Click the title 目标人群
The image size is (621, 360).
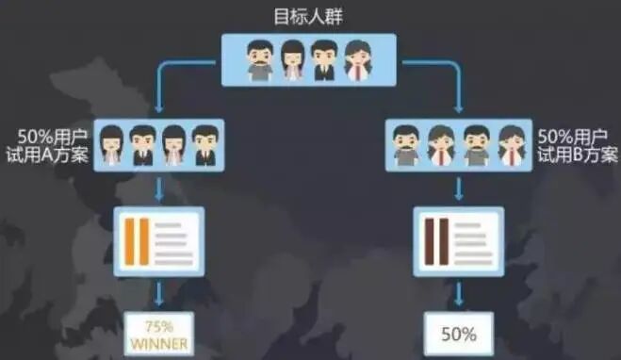(309, 16)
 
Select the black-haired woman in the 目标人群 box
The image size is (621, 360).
(292, 58)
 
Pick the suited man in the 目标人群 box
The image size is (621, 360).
(324, 58)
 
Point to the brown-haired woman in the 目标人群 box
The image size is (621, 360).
(357, 58)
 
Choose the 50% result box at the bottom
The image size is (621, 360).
(457, 333)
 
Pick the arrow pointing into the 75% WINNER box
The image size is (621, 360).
(158, 294)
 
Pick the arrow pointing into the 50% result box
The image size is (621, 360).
(458, 294)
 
